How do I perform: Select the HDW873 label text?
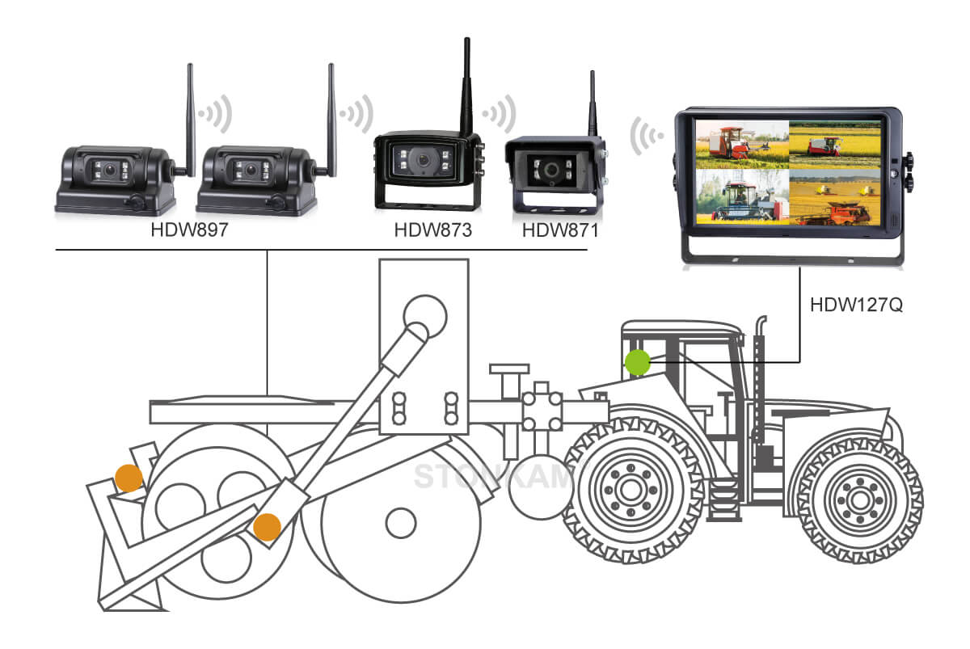432,230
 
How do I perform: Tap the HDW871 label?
560,230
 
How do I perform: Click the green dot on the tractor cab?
638,362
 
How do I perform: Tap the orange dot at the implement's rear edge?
128,478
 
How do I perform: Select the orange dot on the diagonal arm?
267,527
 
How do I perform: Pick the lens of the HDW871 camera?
553,171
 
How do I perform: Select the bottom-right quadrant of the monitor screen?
833,196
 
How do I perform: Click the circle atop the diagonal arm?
425,314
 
